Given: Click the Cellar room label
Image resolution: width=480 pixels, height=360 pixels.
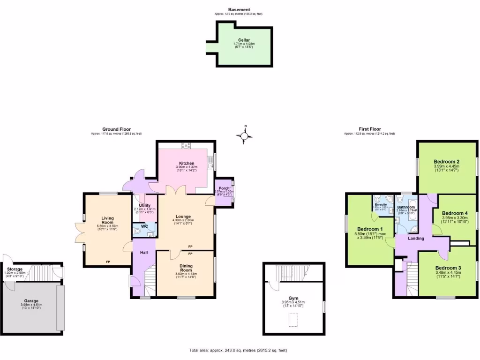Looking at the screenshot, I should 243,40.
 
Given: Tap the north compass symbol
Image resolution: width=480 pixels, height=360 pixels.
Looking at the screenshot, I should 244,136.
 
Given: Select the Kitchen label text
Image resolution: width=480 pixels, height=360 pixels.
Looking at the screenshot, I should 187,163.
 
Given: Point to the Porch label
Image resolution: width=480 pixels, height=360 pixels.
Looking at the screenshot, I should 224,188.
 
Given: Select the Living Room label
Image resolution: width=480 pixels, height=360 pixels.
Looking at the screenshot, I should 107,220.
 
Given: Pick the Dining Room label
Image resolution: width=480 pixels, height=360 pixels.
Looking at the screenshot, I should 186,268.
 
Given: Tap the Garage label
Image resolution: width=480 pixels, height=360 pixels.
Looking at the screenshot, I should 31,300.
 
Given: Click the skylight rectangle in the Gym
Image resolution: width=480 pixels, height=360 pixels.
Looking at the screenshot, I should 293,320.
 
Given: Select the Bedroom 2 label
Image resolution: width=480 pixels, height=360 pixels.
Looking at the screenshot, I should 446,162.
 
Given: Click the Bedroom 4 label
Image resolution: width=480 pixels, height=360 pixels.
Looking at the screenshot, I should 455,211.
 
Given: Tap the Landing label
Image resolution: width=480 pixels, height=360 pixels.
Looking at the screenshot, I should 416,238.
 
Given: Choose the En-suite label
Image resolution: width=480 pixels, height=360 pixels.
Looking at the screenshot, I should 380,204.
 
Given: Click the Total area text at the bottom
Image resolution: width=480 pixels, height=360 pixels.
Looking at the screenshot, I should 238,350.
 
